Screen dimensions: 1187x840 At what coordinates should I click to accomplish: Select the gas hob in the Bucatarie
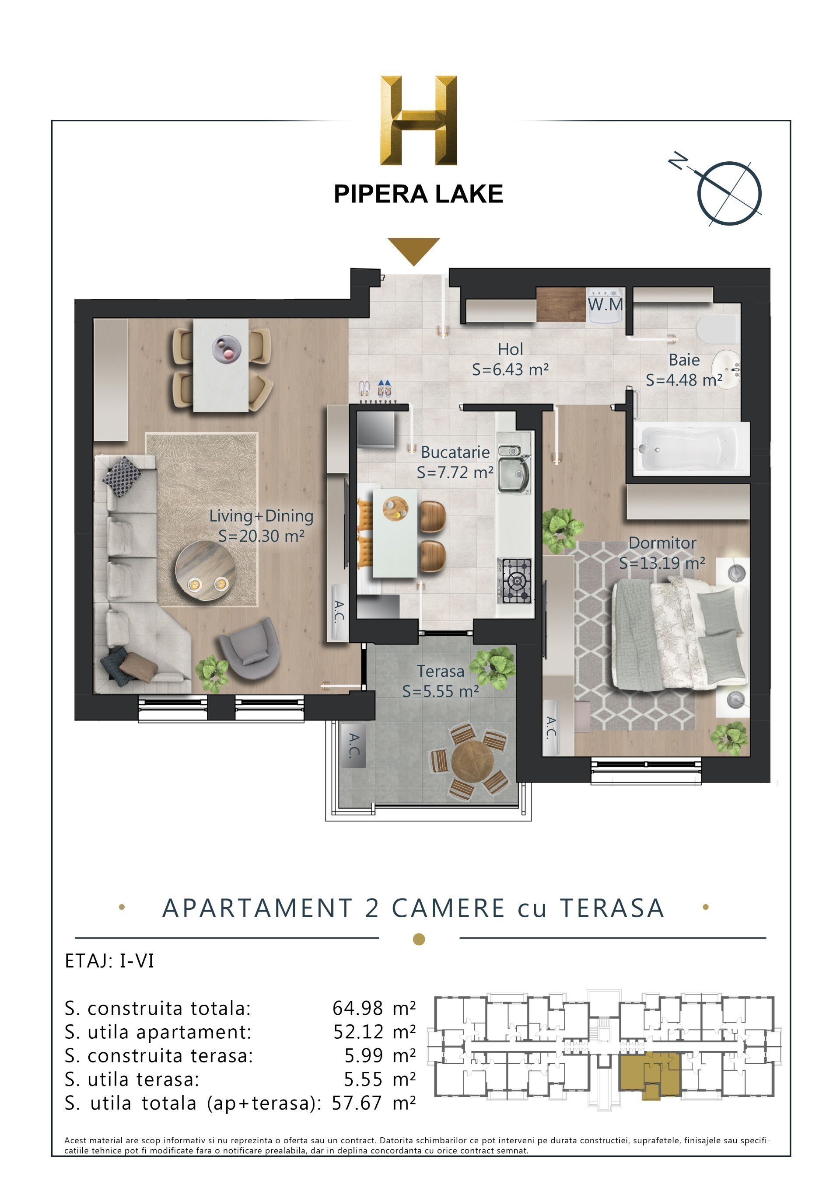(514, 581)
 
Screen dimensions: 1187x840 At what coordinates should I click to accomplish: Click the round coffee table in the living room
(205, 571)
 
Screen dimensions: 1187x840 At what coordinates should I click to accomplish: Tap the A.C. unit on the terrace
(353, 745)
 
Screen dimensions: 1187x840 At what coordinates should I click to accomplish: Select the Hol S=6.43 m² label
(510, 359)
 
